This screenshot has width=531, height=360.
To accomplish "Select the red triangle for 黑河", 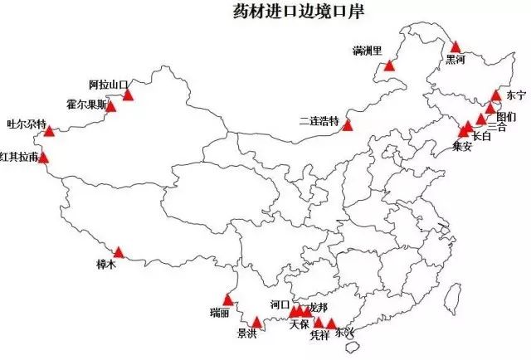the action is pyautogui.click(x=455, y=47).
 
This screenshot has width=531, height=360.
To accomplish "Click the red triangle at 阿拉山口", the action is pyautogui.click(x=129, y=95).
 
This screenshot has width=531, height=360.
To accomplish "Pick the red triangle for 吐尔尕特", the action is pyautogui.click(x=50, y=131).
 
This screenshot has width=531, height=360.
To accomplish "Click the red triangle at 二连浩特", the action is pyautogui.click(x=347, y=125).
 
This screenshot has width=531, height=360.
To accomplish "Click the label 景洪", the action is pyautogui.click(x=246, y=334).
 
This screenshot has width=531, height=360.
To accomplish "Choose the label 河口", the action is pyautogui.click(x=280, y=305).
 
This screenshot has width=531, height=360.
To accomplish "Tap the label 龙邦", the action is pyautogui.click(x=317, y=308).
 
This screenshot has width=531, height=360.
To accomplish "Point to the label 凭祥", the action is pyautogui.click(x=319, y=336).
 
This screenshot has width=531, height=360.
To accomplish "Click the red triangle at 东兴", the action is pyautogui.click(x=332, y=324).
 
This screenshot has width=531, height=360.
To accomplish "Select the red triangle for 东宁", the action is pyautogui.click(x=496, y=95).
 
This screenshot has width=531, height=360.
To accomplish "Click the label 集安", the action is pyautogui.click(x=462, y=146).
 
